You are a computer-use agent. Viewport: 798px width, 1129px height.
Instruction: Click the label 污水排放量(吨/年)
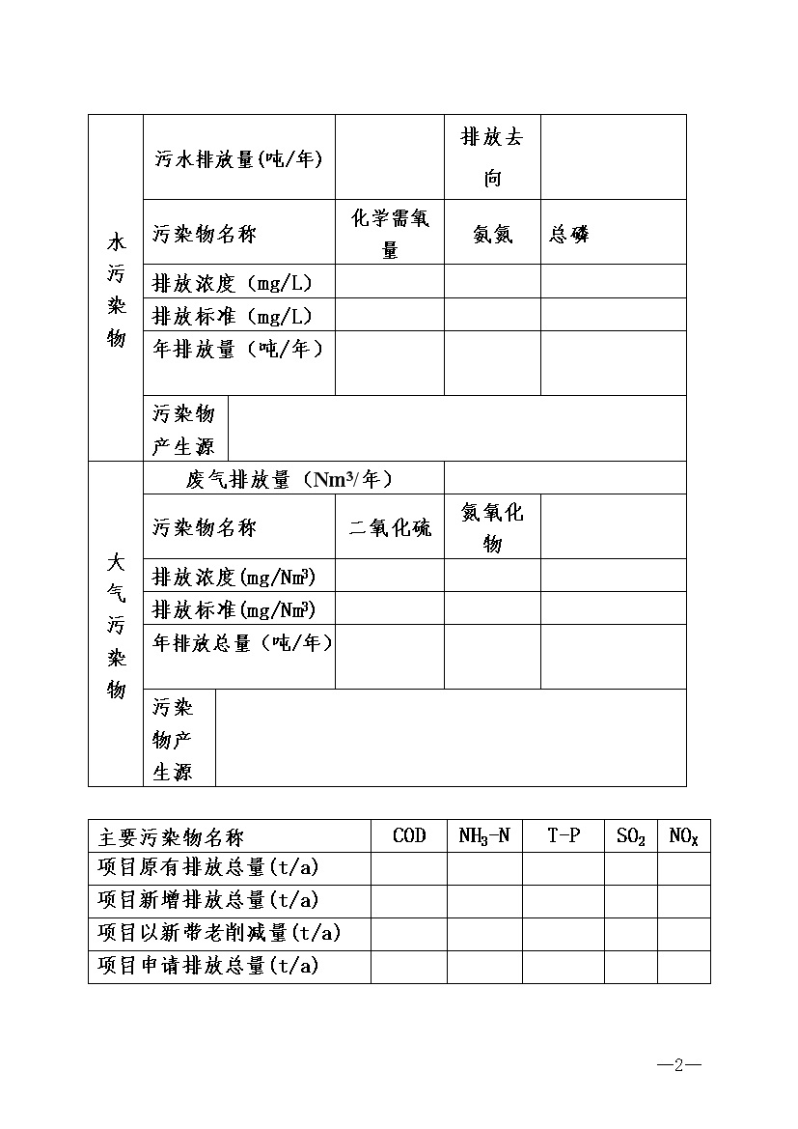click(x=238, y=159)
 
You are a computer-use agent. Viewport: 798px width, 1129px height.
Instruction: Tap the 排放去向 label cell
click(x=492, y=157)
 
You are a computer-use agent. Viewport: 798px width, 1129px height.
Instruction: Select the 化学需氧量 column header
click(x=390, y=234)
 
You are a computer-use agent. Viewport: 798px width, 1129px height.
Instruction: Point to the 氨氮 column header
click(x=492, y=234)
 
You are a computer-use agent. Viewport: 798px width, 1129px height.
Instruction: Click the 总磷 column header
click(x=569, y=234)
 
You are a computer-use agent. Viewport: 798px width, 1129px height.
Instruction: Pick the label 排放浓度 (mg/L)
click(x=233, y=283)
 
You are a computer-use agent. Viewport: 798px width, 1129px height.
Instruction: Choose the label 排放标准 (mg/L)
click(x=233, y=316)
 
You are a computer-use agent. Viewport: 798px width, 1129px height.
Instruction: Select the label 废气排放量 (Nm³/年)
click(x=289, y=480)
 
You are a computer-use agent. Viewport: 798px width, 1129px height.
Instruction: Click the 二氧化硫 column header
click(x=390, y=528)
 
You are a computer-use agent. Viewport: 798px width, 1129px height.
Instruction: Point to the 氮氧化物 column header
click(x=492, y=527)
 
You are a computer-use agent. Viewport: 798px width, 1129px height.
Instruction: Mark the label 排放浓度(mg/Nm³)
click(x=234, y=578)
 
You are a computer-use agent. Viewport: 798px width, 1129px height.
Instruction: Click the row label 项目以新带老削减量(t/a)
click(x=220, y=933)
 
